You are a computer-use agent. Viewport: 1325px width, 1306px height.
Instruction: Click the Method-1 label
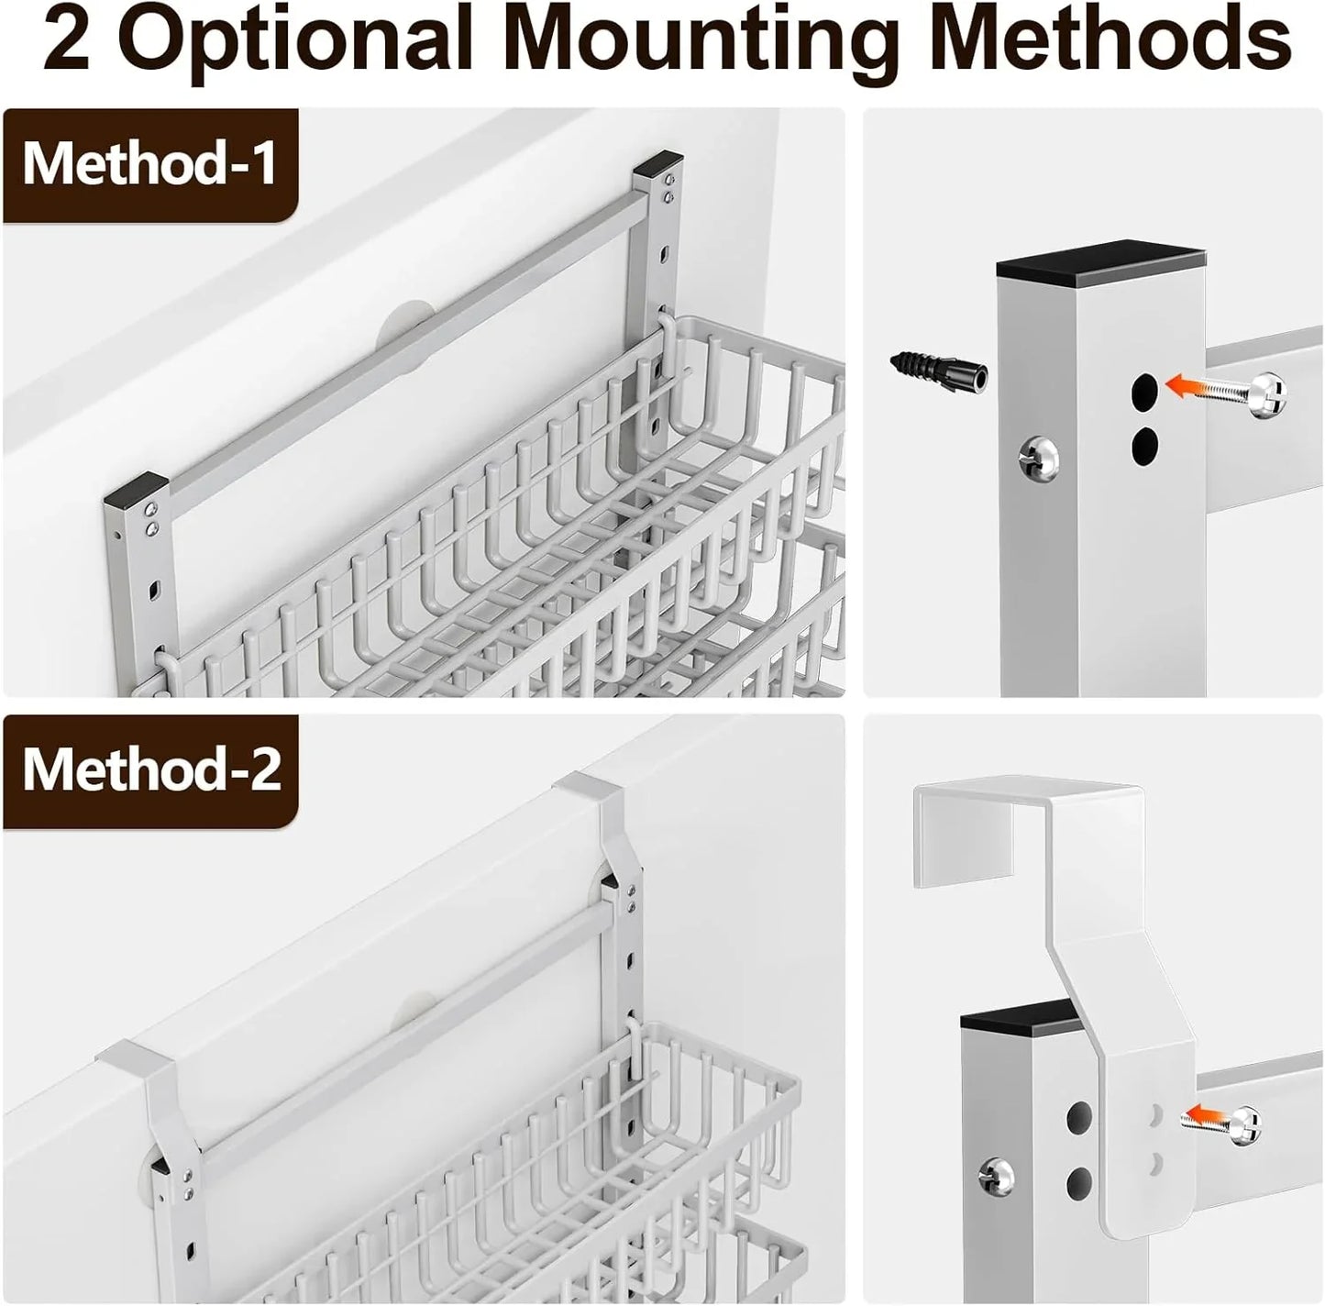(x=149, y=163)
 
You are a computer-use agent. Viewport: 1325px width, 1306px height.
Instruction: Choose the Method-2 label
(x=152, y=769)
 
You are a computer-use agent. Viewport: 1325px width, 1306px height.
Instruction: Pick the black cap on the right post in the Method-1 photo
(x=659, y=166)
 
